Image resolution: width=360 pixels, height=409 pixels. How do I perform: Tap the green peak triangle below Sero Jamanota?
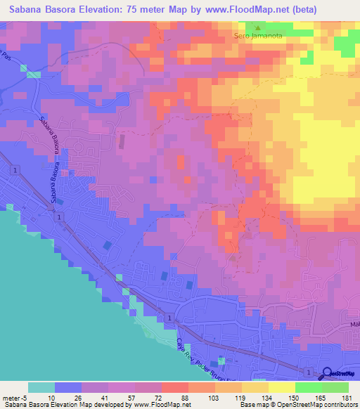[x=257, y=27]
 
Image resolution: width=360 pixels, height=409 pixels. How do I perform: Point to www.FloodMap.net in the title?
[x=235, y=10]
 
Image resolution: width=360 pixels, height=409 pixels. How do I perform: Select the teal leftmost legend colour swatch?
[x=41, y=387]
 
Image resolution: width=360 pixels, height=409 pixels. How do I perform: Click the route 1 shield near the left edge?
[x=13, y=170]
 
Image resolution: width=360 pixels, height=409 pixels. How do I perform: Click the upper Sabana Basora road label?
[x=50, y=134]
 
